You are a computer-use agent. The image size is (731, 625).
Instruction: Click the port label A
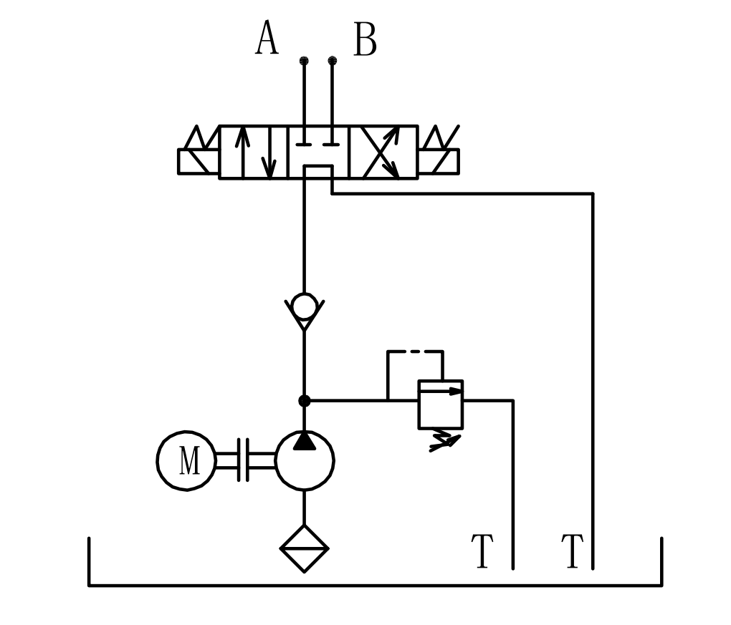267,38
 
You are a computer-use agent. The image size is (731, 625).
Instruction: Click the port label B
365,39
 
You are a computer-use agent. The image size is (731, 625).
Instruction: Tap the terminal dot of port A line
304,61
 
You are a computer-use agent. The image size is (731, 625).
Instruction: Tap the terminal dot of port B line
333,61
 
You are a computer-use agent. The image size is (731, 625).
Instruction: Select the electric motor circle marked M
186,460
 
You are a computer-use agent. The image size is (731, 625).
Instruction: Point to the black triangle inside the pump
305,441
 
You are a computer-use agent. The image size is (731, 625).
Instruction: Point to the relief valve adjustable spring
445,440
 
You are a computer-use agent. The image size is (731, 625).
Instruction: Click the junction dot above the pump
304,400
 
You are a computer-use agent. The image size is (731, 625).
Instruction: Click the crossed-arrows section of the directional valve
383,152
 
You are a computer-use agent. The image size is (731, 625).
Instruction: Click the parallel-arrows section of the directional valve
254,152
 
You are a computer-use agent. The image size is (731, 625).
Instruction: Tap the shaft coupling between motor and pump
243,460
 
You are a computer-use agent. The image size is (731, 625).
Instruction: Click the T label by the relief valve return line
482,551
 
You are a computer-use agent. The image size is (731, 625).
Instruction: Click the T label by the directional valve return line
573,551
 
